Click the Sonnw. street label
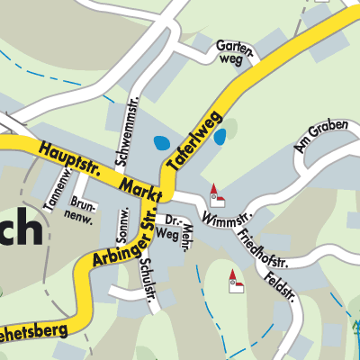point(124,220)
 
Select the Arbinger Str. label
point(124,242)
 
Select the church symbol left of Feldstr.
point(235,281)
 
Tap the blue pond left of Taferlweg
point(162,142)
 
